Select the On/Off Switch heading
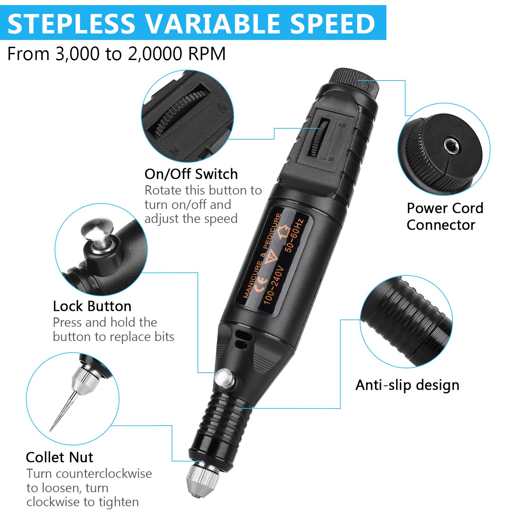[x=191, y=174]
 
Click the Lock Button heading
[x=92, y=306]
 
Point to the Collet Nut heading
[x=59, y=457]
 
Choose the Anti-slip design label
[x=407, y=385]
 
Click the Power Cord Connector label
[x=445, y=216]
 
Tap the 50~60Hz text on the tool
[x=294, y=236]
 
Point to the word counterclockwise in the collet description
[x=104, y=474]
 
